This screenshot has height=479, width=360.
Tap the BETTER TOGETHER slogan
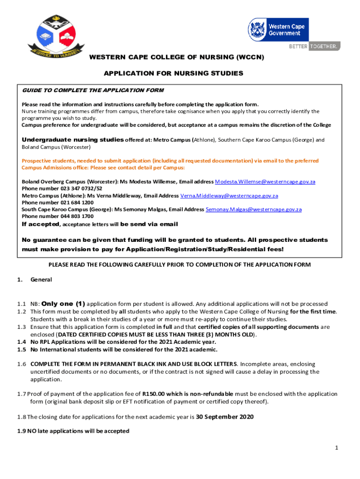point(314,46)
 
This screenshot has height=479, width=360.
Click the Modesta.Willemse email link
point(265,181)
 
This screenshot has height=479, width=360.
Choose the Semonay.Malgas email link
point(254,210)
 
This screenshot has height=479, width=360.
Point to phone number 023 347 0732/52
point(69,189)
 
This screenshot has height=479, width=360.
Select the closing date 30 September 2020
point(224,417)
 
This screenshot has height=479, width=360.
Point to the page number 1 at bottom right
point(336,449)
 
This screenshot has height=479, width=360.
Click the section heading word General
point(41,280)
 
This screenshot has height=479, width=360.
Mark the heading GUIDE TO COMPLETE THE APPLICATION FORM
point(93,90)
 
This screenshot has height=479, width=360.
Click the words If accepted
point(41,224)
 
